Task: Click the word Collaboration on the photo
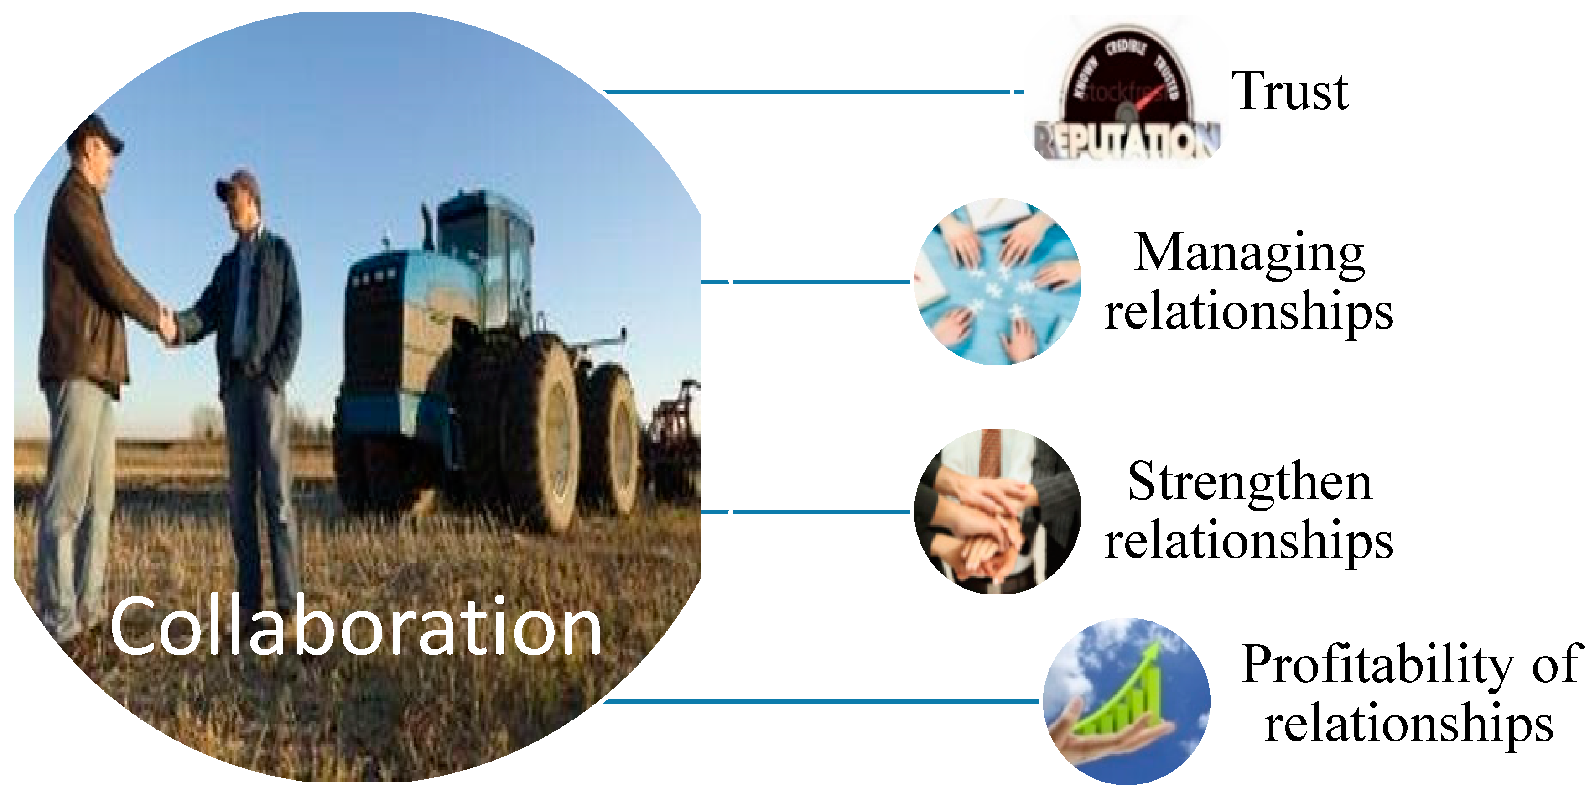click(356, 627)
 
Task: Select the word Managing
click(1249, 253)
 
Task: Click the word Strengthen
click(1249, 482)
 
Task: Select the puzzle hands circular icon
click(998, 282)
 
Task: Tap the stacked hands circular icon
click(998, 512)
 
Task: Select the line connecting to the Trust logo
click(805, 92)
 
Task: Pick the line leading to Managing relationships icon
click(817, 282)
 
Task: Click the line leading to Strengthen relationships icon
click(817, 512)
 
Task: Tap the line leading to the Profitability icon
click(817, 701)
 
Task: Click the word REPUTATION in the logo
click(1127, 141)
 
